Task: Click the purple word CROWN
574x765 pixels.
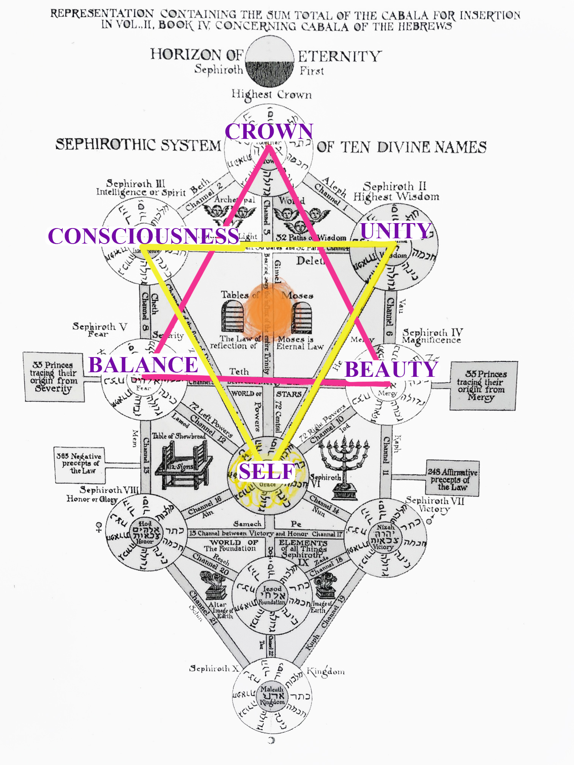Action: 269,131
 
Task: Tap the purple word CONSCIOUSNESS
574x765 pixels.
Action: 143,236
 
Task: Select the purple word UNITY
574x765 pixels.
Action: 396,230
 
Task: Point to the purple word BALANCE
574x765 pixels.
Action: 143,365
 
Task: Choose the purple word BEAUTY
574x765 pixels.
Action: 391,369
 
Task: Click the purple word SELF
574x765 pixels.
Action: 267,472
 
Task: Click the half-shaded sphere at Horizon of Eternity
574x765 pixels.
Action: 270,61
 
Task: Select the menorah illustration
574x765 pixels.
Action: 344,467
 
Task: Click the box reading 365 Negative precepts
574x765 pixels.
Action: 79,464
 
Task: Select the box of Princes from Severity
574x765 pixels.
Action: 54,377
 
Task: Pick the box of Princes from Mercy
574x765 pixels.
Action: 483,386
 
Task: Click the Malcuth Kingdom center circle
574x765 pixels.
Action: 272,696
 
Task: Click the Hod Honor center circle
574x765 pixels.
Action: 145,532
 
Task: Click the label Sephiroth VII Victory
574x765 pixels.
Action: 435,505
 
